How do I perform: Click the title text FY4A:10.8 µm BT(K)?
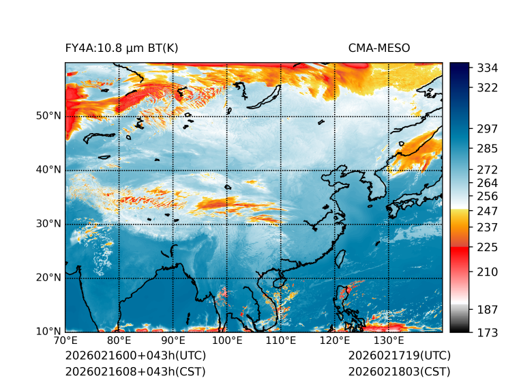coord(121,48)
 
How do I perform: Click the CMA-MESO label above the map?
coord(378,48)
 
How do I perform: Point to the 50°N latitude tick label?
coord(48,116)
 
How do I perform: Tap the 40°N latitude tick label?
coord(48,170)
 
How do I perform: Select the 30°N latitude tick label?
coord(48,224)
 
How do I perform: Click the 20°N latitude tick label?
coord(48,278)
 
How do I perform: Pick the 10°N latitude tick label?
coord(48,332)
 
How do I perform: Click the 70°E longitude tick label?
coord(65,341)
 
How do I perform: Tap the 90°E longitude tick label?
coord(173,341)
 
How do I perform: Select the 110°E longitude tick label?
coord(281,341)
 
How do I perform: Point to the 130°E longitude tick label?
coord(389,341)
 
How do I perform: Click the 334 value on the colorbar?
coord(488,68)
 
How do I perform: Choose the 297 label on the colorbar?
coord(488,128)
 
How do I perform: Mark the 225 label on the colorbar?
coord(488,247)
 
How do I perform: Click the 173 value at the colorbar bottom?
coord(488,332)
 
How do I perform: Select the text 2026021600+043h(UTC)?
coord(135,356)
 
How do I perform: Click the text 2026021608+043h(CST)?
coord(135,372)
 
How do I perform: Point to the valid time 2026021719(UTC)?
coord(399,356)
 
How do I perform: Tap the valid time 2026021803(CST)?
coord(399,372)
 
